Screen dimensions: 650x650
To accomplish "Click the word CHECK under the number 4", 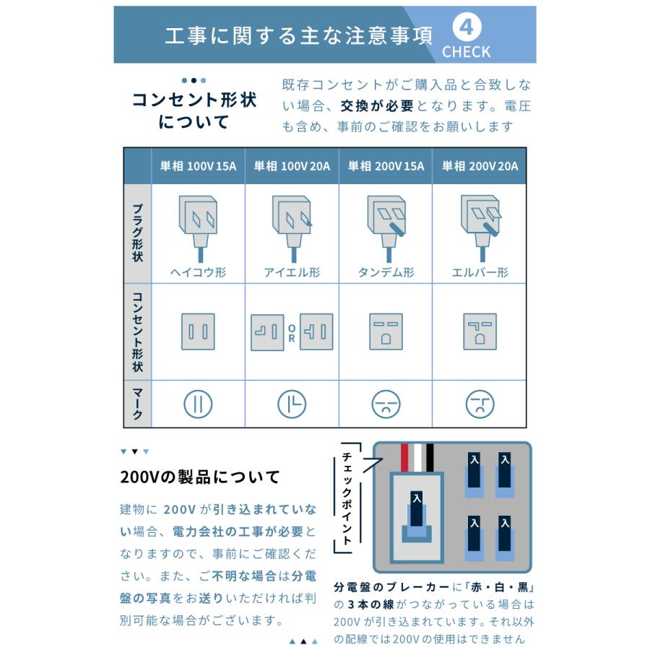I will click(x=467, y=52).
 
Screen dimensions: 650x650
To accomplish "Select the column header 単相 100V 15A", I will click(x=198, y=166).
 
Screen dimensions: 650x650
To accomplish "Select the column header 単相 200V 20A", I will click(x=480, y=166).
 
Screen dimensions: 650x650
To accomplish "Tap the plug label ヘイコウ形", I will click(x=198, y=272).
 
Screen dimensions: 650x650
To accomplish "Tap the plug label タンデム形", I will click(x=386, y=272).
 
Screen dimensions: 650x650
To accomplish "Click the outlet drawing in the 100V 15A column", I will click(x=198, y=331).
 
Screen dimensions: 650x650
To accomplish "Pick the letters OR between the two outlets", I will click(x=292, y=332).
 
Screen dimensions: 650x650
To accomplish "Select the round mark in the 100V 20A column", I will click(x=292, y=404).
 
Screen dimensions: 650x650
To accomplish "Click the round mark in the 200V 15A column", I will click(x=386, y=404).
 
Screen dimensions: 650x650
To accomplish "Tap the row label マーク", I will click(x=137, y=403).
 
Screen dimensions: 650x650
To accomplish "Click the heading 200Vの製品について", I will click(x=200, y=477).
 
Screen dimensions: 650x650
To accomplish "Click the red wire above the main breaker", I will click(x=405, y=456).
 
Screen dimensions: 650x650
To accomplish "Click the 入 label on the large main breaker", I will click(x=415, y=498).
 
